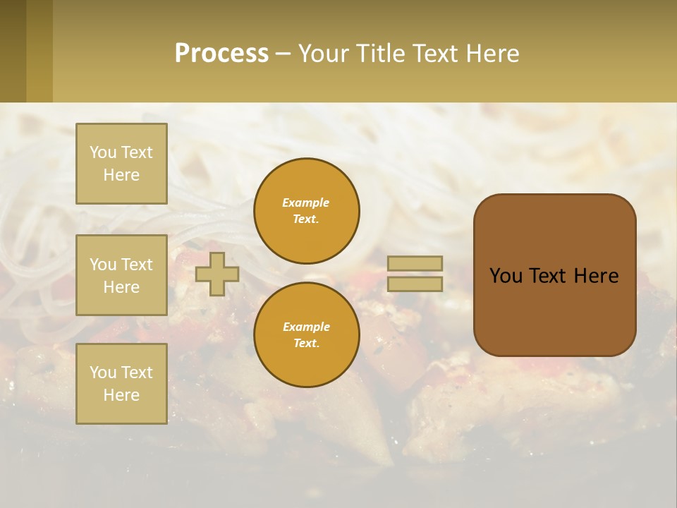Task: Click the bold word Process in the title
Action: (221, 54)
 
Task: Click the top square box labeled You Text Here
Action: (121, 164)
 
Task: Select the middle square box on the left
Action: (121, 275)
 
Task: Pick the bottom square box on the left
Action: (121, 384)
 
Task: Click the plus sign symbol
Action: (217, 274)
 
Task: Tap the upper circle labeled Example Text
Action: (307, 211)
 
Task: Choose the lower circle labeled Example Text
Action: (307, 335)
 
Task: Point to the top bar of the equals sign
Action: (415, 263)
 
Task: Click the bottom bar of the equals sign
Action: (415, 284)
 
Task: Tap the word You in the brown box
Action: (505, 276)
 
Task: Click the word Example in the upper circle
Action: (305, 202)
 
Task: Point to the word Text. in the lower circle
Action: (306, 344)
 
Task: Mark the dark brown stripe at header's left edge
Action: (13, 51)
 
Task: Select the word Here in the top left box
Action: (121, 175)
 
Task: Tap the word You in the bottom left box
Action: (103, 373)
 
